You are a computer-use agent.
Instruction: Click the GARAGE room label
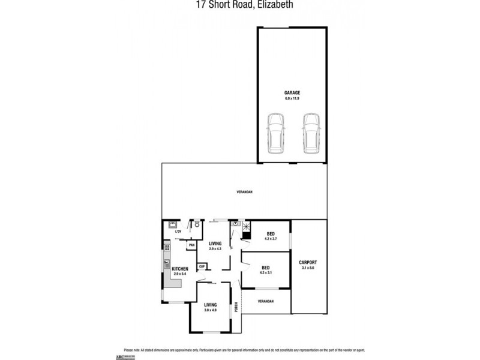[x=292, y=92]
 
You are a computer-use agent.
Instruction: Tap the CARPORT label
[x=308, y=262]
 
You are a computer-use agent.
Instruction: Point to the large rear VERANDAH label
[x=244, y=191]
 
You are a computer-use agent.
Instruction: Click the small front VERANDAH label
[x=265, y=301]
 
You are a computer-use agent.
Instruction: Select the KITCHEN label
[x=180, y=268]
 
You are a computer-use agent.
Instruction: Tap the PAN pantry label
[x=191, y=245]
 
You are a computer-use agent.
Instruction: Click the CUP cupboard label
[x=202, y=266]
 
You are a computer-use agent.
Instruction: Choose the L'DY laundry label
[x=178, y=231]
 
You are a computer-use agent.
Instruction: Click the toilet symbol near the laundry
[x=196, y=225]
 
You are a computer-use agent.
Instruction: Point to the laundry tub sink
[x=172, y=224]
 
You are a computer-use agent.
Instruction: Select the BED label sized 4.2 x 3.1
[x=265, y=267]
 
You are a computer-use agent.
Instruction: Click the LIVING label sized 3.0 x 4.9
[x=210, y=305]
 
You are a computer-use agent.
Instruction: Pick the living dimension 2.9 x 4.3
[x=215, y=248]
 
